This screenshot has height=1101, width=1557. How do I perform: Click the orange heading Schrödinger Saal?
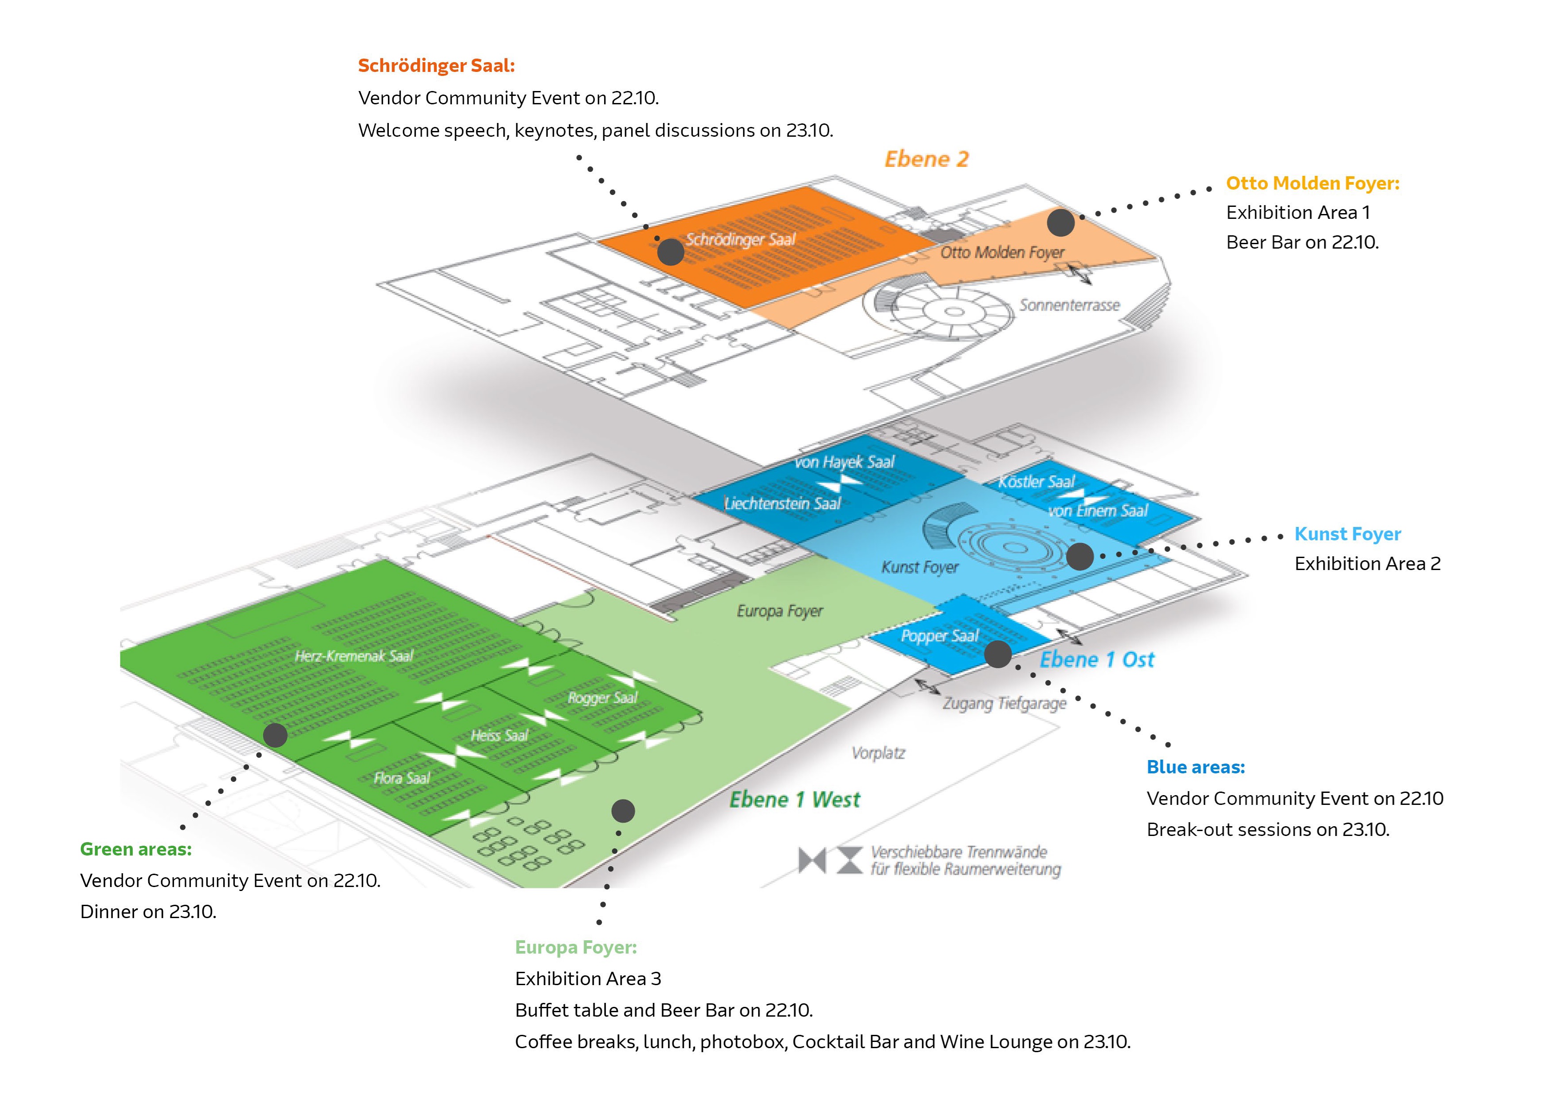coord(436,66)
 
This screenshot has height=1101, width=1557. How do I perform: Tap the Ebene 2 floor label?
coord(926,159)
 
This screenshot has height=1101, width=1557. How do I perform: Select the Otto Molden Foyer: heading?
coord(1312,183)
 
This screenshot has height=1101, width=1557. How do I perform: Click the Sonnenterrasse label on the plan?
coord(1069,305)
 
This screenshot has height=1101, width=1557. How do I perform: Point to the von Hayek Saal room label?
coord(844,463)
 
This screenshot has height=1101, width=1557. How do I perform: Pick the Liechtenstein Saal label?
coord(782,503)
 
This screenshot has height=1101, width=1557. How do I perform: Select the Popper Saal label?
coord(939,636)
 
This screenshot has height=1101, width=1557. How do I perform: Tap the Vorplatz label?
coord(878,753)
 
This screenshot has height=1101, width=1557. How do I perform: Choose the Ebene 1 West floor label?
coord(794,800)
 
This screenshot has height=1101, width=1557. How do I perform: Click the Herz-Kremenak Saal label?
coord(353,656)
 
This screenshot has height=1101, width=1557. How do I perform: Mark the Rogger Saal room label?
coord(602,697)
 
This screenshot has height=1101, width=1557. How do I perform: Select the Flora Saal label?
coord(402,778)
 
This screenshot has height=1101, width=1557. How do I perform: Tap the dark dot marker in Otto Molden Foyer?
coord(1061,222)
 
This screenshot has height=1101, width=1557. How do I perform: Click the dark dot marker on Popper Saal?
coord(998,654)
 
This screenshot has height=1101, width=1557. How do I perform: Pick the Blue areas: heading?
coord(1196,767)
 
